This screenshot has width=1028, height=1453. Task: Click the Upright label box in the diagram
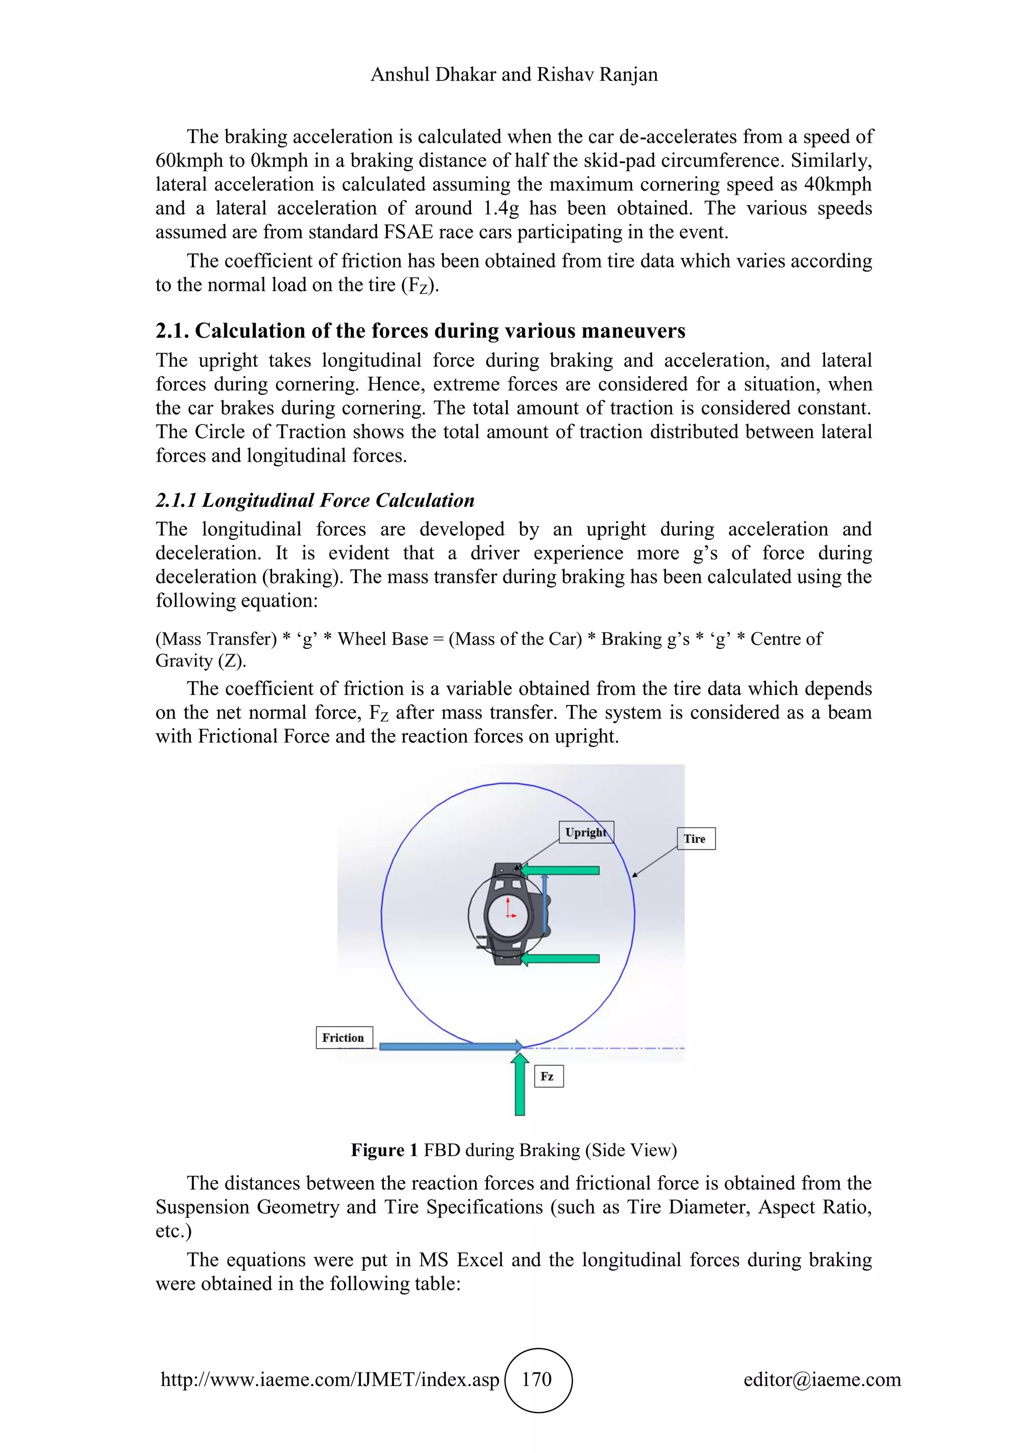(x=586, y=832)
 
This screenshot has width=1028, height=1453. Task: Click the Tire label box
(x=695, y=838)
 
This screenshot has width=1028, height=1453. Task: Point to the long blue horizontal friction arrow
(x=449, y=1047)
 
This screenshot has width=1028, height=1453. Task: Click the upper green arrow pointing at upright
(x=560, y=870)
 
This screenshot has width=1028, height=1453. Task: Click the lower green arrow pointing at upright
(x=560, y=958)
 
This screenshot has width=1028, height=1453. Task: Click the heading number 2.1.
(x=172, y=331)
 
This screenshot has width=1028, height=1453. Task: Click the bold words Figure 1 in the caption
(x=383, y=1150)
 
